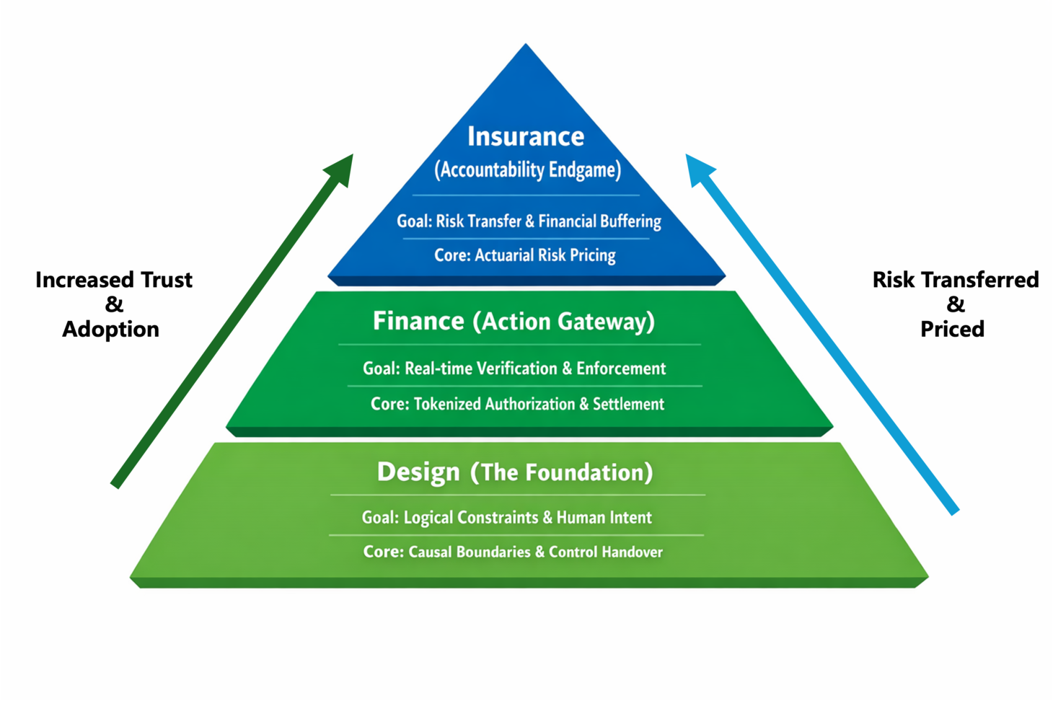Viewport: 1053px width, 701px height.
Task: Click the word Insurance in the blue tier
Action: [526, 136]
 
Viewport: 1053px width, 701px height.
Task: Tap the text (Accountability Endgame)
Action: [527, 170]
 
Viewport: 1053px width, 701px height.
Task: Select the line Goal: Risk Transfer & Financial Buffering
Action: [529, 221]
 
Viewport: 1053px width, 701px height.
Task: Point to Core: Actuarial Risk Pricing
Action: [524, 255]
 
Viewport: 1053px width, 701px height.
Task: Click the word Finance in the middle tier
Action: [418, 321]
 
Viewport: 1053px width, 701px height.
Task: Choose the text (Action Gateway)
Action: [563, 322]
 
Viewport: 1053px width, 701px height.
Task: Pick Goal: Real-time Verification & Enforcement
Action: [514, 369]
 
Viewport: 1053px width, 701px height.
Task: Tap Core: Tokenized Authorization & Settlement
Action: [517, 404]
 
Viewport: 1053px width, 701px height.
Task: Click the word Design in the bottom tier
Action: [418, 472]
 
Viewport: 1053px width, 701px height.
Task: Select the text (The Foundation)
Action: [561, 472]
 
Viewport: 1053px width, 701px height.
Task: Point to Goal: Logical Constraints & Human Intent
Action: [506, 518]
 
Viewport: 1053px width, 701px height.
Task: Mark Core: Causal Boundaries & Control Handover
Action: [513, 552]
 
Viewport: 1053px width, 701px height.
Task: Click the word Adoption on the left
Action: [110, 329]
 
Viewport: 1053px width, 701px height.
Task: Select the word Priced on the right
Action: [952, 329]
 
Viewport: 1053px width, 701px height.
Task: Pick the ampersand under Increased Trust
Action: [114, 304]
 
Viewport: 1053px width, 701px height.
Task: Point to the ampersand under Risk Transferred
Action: [956, 304]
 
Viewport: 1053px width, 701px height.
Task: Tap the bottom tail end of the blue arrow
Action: [953, 509]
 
